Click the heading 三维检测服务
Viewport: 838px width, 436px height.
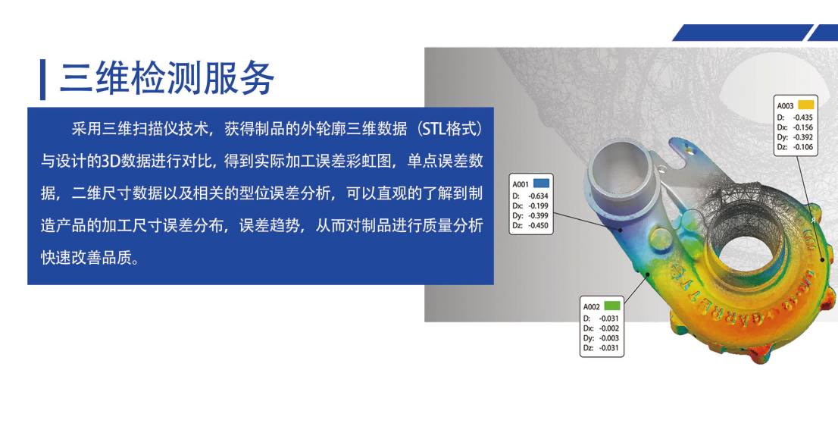pyautogui.click(x=167, y=78)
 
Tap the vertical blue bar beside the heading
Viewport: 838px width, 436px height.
pyautogui.click(x=42, y=79)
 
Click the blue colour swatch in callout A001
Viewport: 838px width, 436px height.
pyautogui.click(x=542, y=183)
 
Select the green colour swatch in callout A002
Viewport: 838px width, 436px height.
pyautogui.click(x=612, y=306)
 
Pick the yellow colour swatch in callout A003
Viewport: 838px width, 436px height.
pyautogui.click(x=805, y=105)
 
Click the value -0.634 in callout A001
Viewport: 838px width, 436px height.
pyautogui.click(x=538, y=196)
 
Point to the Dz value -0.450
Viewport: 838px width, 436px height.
pyautogui.click(x=538, y=225)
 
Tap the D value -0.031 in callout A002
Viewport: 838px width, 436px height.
pyautogui.click(x=608, y=318)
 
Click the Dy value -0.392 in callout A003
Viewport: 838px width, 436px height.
pyautogui.click(x=802, y=137)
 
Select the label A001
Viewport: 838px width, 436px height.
pyautogui.click(x=521, y=184)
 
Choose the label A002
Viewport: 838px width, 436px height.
pyautogui.click(x=591, y=306)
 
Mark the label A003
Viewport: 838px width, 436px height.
pyautogui.click(x=785, y=106)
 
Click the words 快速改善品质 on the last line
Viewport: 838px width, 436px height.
pyautogui.click(x=86, y=258)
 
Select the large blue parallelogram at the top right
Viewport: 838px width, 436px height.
pyautogui.click(x=743, y=33)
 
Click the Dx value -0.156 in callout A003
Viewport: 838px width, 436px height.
pyautogui.click(x=802, y=127)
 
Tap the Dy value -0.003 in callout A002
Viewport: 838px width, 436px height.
pyautogui.click(x=608, y=338)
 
